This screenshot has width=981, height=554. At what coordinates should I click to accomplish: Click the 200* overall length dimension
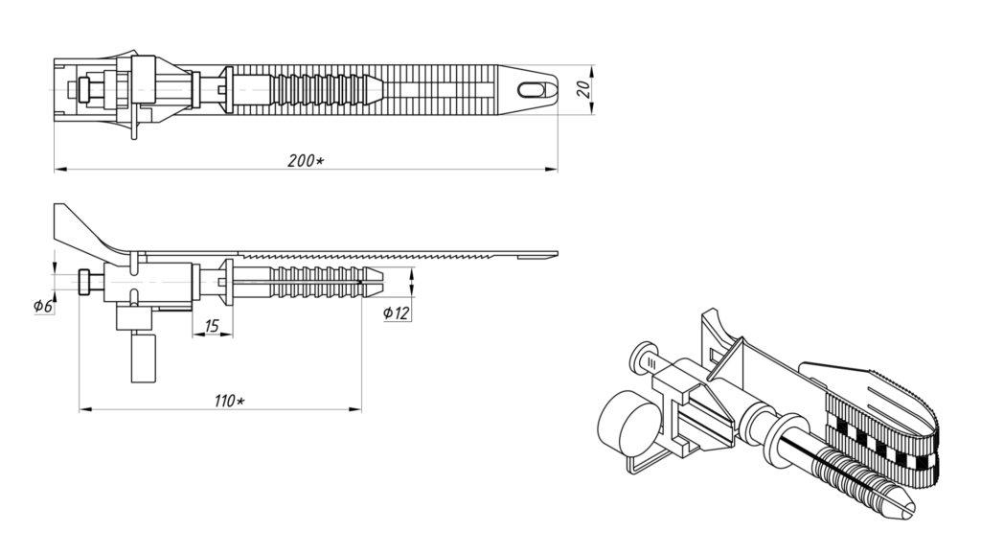306,161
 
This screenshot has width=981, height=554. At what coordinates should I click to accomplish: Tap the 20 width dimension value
583,89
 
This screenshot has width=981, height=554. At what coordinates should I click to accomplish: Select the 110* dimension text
230,401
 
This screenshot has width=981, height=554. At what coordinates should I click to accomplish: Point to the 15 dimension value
212,326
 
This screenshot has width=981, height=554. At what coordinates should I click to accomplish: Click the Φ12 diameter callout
396,313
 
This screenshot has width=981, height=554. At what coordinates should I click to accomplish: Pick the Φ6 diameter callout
43,306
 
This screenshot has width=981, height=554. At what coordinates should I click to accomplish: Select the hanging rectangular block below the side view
144,358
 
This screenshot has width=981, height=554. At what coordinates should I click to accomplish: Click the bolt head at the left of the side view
85,283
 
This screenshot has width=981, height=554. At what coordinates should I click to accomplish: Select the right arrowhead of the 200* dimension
551,169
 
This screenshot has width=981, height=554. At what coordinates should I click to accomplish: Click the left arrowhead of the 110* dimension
85,409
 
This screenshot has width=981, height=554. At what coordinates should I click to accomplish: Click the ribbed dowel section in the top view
322,90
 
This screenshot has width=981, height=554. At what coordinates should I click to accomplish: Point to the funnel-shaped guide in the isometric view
726,369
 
